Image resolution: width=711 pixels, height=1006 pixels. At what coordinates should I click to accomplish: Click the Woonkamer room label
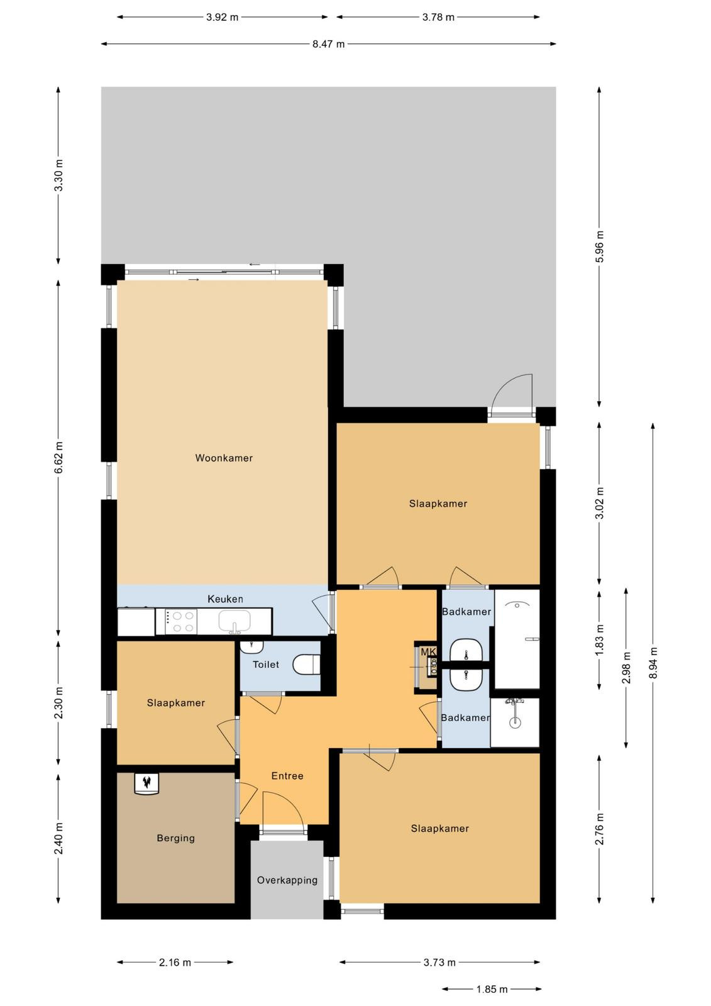pos(224,458)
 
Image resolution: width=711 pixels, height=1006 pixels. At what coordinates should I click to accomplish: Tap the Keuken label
pos(225,599)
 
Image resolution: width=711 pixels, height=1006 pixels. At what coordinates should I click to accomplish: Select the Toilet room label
pos(266,664)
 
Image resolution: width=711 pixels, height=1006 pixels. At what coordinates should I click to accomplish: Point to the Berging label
pos(175,838)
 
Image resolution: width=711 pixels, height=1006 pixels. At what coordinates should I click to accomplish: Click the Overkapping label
pos(287,880)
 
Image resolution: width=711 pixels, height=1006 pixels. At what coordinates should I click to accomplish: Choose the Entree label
pos(287,776)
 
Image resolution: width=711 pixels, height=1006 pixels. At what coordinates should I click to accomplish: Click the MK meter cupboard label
pos(428,651)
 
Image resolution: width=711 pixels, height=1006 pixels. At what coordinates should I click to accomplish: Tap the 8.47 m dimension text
pos(328,44)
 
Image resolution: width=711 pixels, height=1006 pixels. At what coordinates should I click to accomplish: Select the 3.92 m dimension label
pos(222,18)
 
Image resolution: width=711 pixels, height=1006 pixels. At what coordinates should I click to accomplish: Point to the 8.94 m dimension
pos(653,663)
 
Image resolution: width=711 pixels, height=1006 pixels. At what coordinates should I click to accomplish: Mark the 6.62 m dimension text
pos(59,458)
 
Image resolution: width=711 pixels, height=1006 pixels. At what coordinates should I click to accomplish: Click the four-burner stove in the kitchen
pos(181,622)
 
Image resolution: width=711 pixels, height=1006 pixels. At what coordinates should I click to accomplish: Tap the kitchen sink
pos(234,621)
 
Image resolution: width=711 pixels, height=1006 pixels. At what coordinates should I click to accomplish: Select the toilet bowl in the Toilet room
pos(306,665)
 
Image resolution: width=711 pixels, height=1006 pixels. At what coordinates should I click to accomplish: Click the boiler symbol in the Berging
pos(146,783)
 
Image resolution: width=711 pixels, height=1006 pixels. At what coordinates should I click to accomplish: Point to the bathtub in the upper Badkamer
pos(517,639)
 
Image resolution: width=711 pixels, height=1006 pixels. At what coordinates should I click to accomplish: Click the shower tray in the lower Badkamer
pos(515,722)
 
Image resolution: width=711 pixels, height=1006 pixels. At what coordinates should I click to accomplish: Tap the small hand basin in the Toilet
pos(251,647)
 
